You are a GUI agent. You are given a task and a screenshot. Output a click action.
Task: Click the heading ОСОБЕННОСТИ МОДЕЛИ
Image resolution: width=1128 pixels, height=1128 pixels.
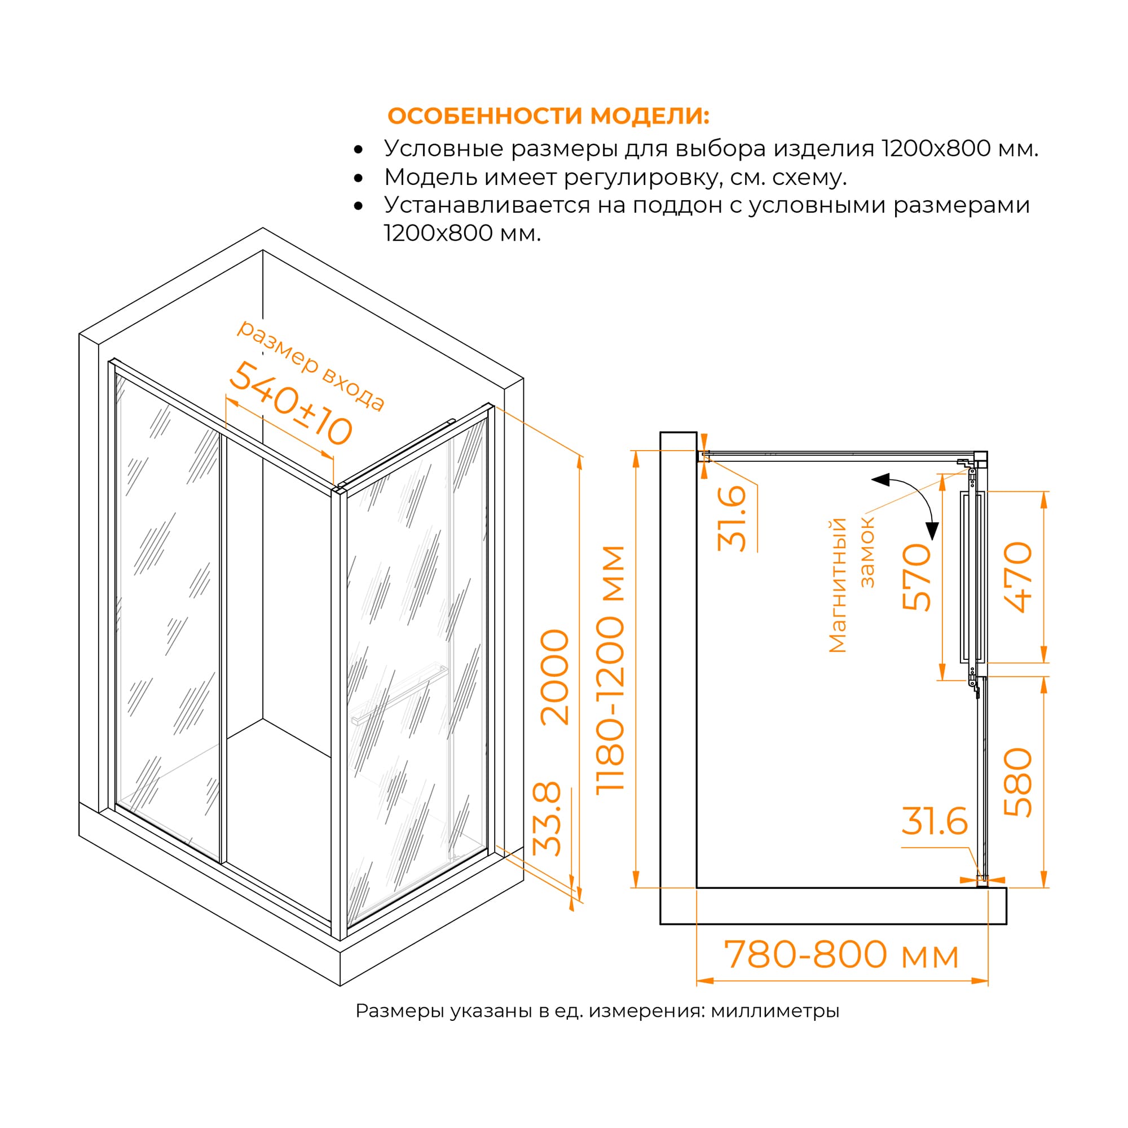pos(548,116)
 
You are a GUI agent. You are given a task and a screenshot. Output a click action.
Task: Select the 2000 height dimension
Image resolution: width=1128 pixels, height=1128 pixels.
pos(554,677)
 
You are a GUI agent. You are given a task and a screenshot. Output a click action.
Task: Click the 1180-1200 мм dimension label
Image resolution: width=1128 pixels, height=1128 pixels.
pos(611,669)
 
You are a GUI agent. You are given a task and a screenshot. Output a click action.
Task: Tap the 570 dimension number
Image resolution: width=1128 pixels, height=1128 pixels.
pos(916,577)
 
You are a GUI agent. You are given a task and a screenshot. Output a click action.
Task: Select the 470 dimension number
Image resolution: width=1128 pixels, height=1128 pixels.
pos(1018,577)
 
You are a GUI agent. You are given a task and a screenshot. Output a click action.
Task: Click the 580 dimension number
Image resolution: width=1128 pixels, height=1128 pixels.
pos(1018,782)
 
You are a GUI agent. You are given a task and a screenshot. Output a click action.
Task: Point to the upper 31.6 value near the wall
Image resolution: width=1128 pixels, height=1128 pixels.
pos(732,518)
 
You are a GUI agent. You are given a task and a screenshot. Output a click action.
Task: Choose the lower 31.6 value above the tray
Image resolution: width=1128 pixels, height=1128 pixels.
pos(934,822)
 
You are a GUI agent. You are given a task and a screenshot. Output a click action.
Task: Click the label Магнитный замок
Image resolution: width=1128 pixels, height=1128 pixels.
pos(851,584)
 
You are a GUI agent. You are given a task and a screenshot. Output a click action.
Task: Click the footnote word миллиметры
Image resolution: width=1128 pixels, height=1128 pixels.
pos(775,1011)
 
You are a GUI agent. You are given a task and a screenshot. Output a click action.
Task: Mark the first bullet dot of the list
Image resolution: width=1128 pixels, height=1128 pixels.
pos(359,149)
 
